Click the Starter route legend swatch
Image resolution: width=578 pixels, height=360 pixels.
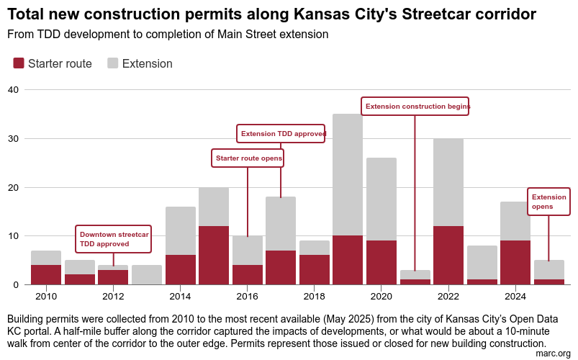(19, 63)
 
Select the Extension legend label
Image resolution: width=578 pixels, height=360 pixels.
(147, 63)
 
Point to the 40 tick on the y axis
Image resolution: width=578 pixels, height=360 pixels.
(13, 89)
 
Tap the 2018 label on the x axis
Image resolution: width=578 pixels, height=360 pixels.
(314, 296)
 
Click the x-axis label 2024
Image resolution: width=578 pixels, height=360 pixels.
(515, 296)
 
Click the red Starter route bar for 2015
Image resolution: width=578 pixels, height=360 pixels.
(214, 255)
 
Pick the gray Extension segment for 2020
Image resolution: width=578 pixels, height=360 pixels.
(381, 199)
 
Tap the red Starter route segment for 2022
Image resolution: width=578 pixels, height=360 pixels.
(448, 255)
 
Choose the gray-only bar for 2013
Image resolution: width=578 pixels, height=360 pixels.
(147, 274)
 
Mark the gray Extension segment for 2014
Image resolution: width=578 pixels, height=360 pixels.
(181, 230)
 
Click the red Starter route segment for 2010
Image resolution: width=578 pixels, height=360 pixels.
(46, 274)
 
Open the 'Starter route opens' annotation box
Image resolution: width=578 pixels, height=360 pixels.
(248, 158)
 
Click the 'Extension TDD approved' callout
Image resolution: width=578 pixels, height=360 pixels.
(281, 134)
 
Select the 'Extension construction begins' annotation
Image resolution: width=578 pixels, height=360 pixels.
(415, 107)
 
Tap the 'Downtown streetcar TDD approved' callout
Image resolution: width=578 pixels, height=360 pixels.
(114, 239)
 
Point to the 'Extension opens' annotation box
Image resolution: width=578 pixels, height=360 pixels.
(548, 202)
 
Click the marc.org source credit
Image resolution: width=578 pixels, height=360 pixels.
(554, 354)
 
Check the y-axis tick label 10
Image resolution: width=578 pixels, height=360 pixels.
(13, 235)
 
